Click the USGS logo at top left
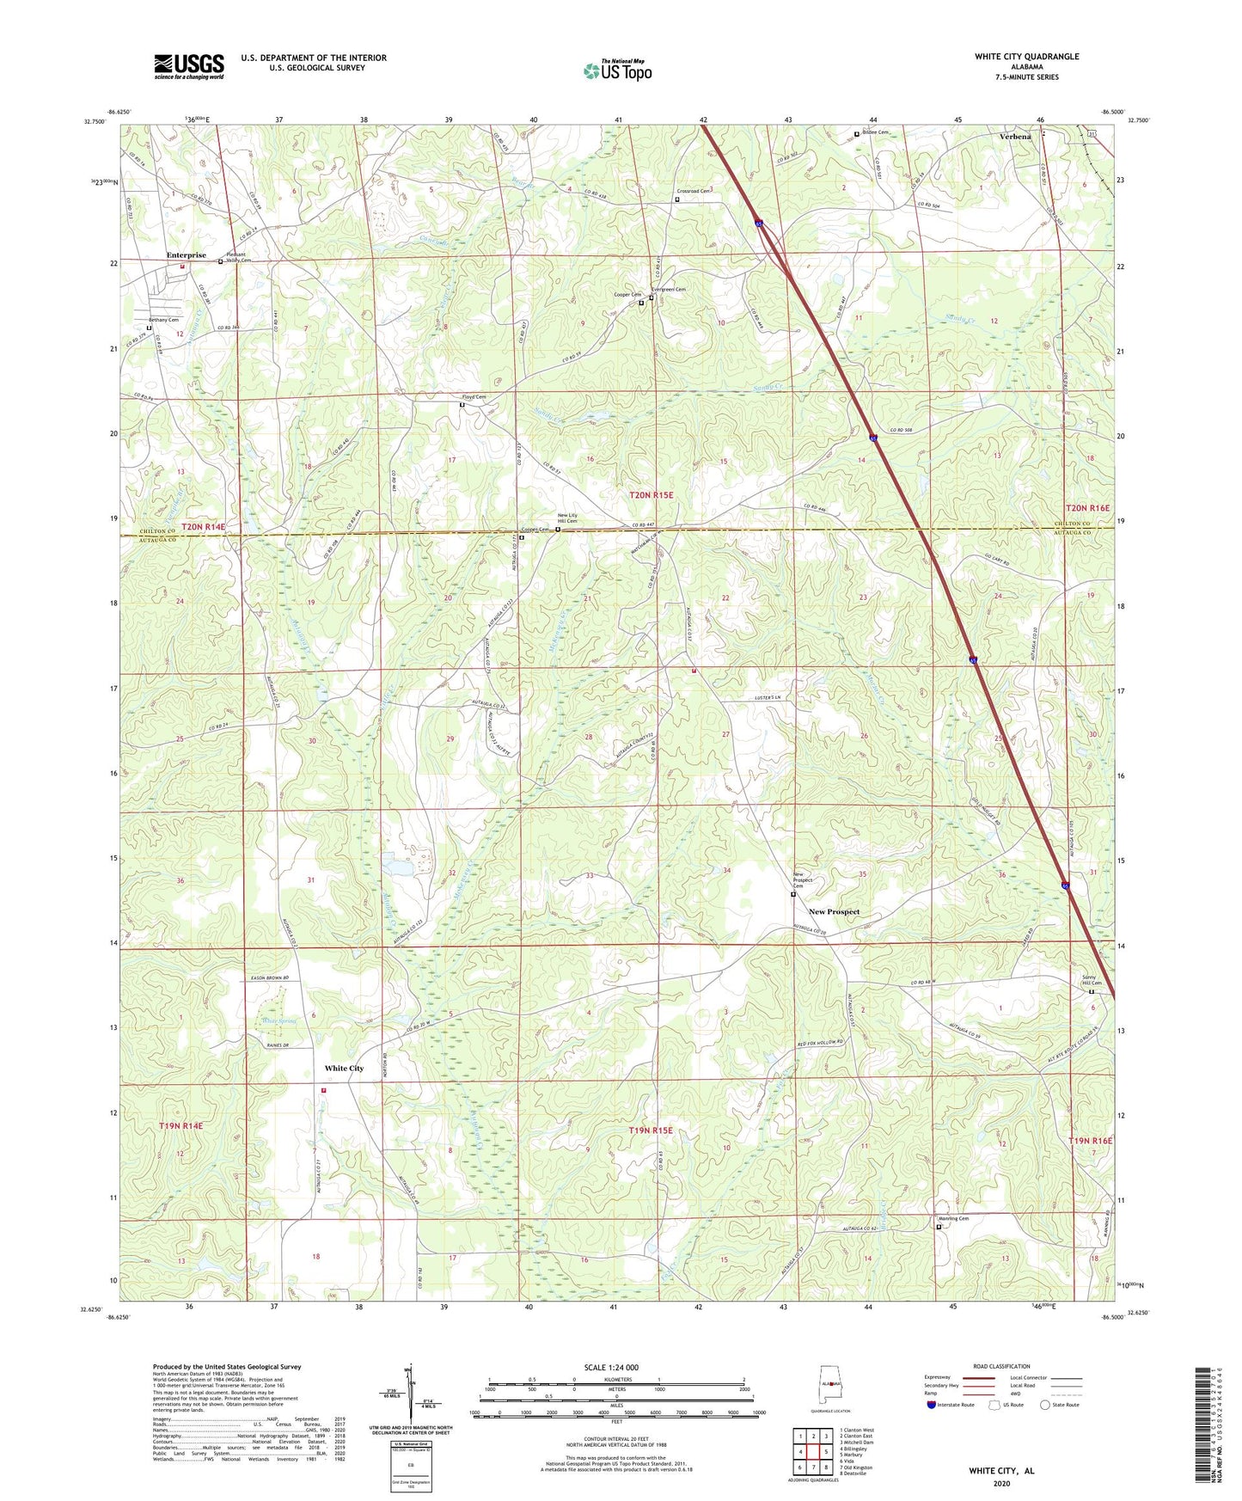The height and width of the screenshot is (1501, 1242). (189, 66)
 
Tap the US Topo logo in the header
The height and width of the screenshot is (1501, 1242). (617, 70)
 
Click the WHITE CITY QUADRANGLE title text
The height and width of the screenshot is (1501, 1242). (1026, 57)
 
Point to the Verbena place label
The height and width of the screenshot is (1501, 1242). (1015, 137)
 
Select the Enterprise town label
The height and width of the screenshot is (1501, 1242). (187, 255)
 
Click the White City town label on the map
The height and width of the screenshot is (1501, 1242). (344, 1069)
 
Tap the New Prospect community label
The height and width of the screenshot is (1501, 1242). (834, 911)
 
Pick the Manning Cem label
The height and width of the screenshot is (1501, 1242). (952, 1218)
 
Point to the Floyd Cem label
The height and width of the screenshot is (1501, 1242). (474, 397)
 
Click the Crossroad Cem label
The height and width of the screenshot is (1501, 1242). (693, 191)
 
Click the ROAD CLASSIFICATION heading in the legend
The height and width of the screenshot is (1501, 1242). (1001, 1366)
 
